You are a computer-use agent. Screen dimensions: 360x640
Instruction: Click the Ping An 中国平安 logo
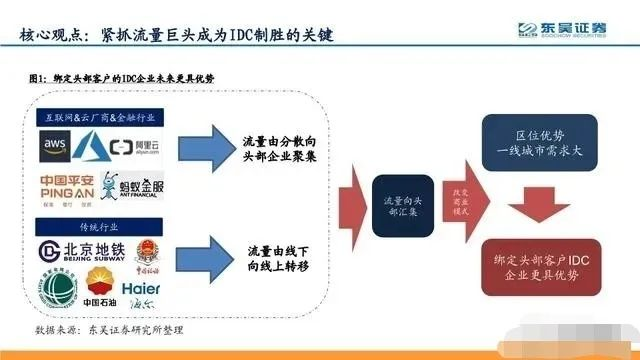coord(68,187)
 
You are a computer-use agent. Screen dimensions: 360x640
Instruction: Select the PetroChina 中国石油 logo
coord(101,282)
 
